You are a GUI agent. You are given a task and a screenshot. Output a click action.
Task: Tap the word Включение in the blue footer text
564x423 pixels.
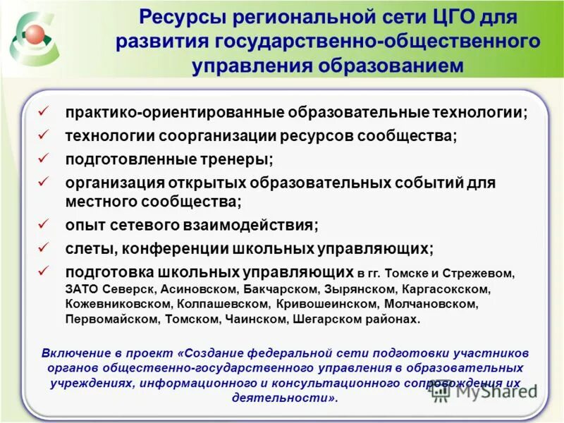[70, 352]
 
